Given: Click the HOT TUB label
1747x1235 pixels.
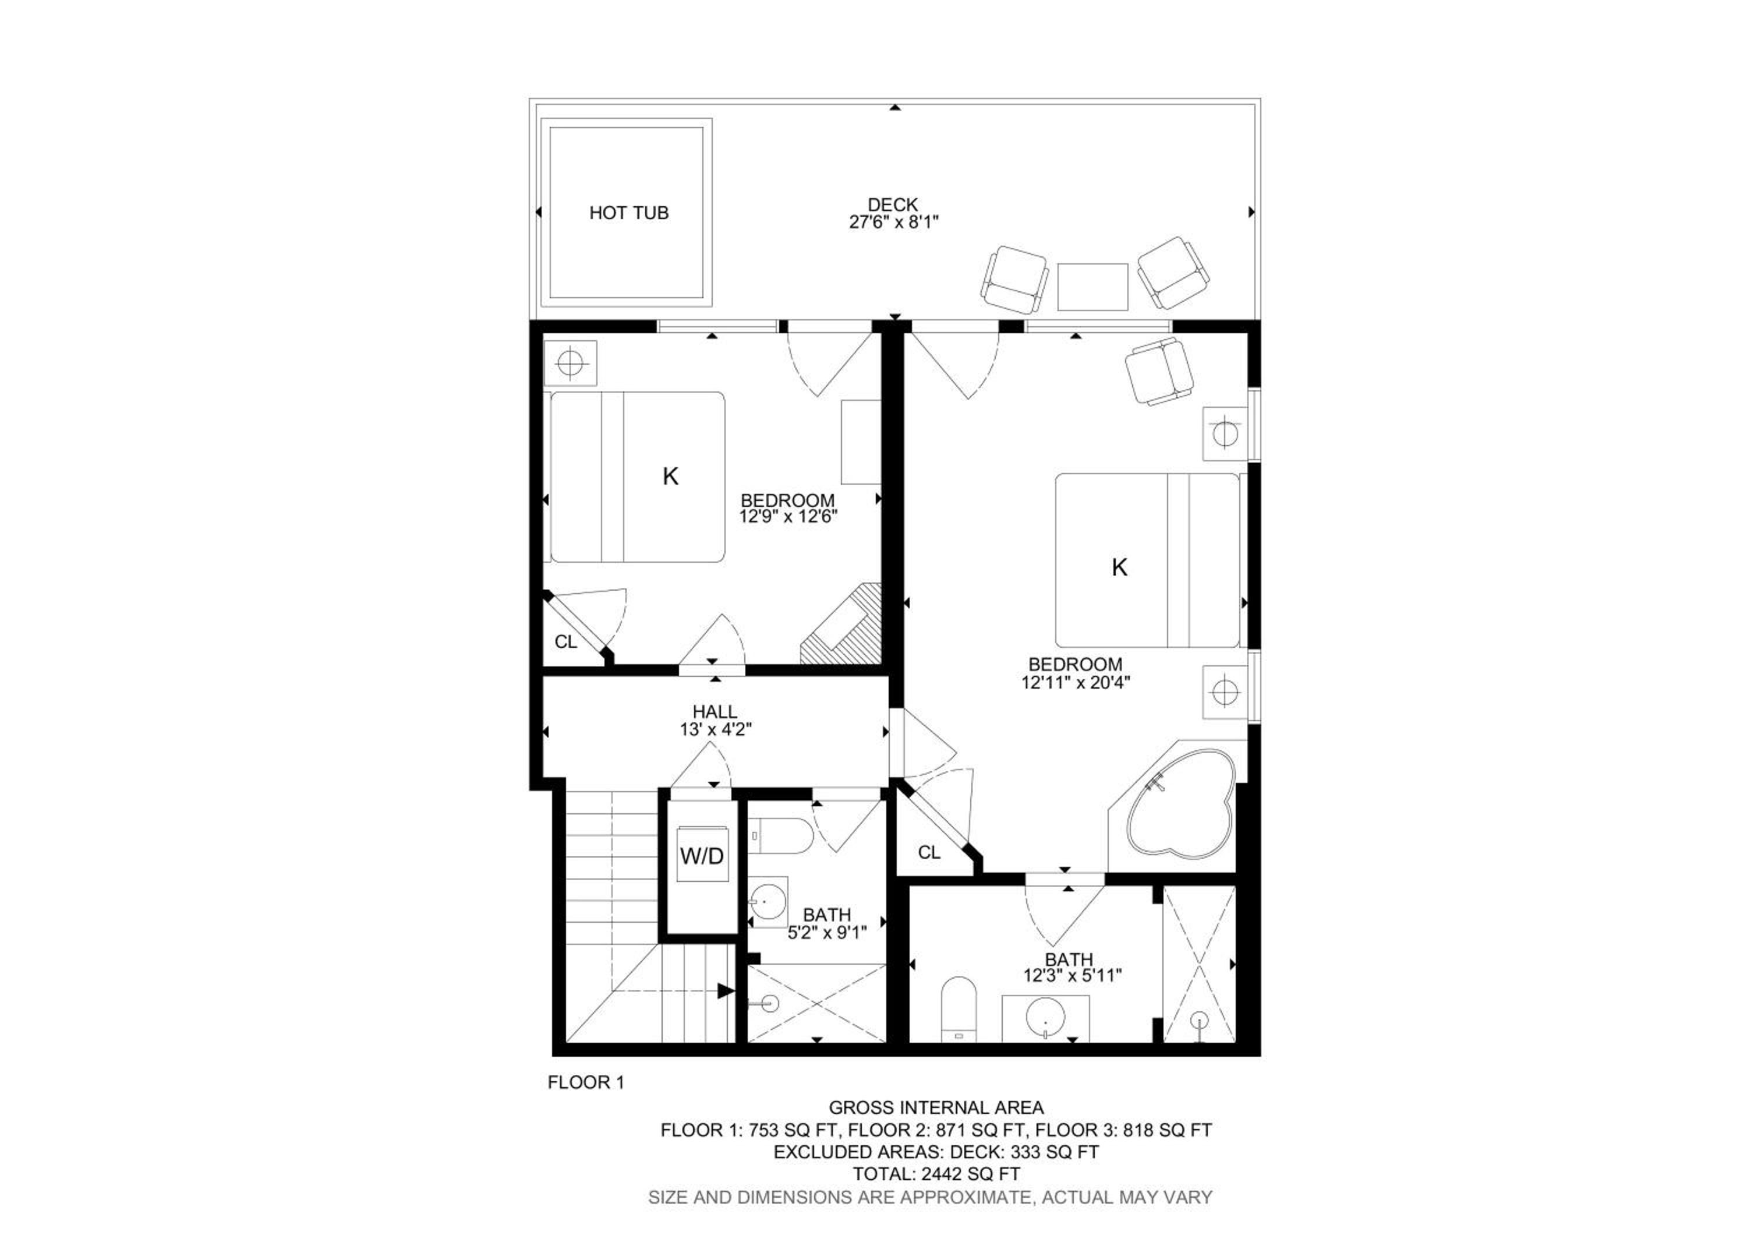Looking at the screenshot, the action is click(628, 213).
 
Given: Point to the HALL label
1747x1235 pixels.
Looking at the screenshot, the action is click(715, 711).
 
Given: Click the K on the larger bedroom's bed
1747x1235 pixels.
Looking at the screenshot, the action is click(1119, 567).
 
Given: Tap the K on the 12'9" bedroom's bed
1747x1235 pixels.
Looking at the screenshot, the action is click(670, 477).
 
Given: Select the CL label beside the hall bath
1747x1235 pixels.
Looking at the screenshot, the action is click(929, 853).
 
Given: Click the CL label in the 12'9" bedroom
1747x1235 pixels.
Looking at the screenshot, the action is click(565, 642).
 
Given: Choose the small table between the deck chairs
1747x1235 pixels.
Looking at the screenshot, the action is click(1092, 287).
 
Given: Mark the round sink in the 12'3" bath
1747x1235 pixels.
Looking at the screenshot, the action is click(1045, 1015).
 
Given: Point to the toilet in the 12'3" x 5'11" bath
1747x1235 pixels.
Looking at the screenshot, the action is click(959, 1009).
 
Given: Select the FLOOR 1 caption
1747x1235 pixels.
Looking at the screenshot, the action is click(586, 1082).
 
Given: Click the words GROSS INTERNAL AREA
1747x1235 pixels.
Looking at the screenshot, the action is click(936, 1108).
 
